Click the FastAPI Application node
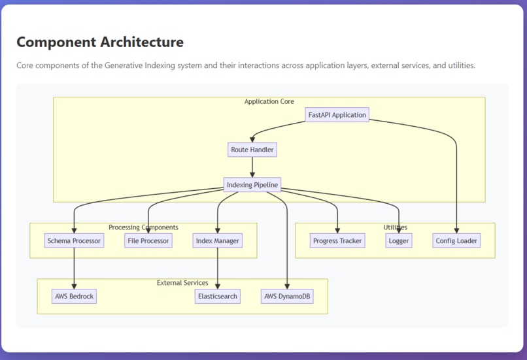pos(337,115)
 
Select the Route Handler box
pos(252,150)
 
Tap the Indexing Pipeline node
pos(252,185)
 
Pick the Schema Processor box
pos(74,240)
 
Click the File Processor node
pos(148,240)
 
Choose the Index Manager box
pos(218,240)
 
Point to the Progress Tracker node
pos(337,240)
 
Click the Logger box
pos(398,240)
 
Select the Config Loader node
pos(456,240)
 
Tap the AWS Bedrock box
pos(74,296)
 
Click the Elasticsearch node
pos(218,296)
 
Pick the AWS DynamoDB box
pos(287,296)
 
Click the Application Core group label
pos(269,102)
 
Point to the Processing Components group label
pos(143,227)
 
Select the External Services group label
pos(182,283)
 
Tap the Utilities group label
pos(395,227)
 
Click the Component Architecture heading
pos(100,42)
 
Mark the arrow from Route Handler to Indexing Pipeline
pos(252,167)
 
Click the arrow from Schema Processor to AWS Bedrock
pos(74,269)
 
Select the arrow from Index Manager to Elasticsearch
pos(218,269)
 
